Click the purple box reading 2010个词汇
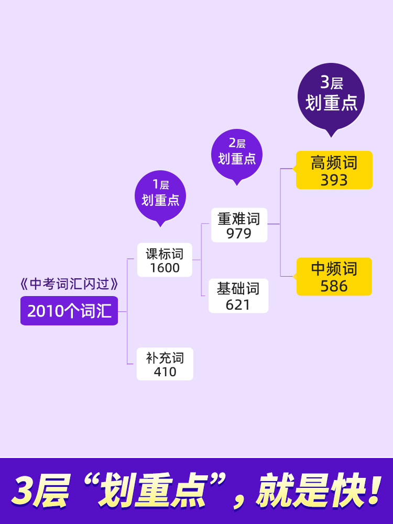[69, 311]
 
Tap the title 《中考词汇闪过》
[69, 285]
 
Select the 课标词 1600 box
[165, 260]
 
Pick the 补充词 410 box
[165, 364]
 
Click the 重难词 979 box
[239, 225]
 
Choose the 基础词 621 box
[238, 296]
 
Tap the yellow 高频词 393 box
[334, 170]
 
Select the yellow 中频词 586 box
[334, 277]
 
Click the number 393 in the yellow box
[334, 180]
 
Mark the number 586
[334, 286]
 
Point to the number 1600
[165, 268]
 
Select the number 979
[239, 234]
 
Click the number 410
[165, 372]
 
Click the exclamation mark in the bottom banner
[373, 492]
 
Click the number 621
[238, 304]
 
